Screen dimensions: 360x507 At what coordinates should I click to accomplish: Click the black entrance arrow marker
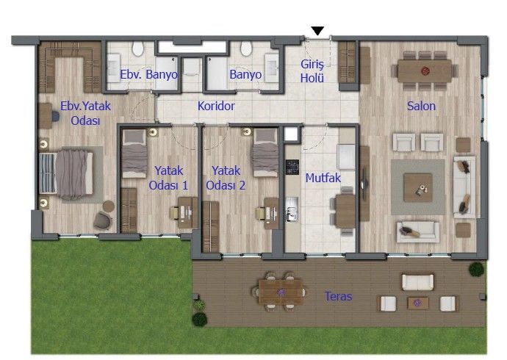tap(317, 31)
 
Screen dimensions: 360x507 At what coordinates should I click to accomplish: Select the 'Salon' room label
tap(422, 106)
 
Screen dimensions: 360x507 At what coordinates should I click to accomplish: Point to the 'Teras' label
tap(338, 297)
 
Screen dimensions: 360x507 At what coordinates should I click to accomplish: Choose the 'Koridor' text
tap(216, 107)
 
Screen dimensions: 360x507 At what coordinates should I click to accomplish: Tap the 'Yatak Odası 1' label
tap(168, 179)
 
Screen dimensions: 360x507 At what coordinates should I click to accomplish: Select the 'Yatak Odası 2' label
tap(226, 179)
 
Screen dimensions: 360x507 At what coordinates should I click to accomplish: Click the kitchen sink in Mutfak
tap(292, 214)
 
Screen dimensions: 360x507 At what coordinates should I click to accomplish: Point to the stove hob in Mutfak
tap(292, 168)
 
